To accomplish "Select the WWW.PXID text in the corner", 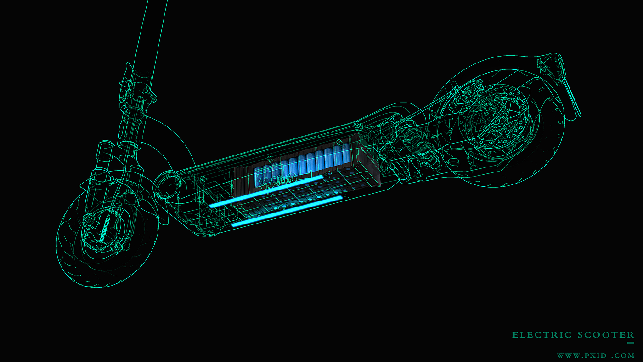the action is tap(581, 356).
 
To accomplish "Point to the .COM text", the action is tap(623, 356).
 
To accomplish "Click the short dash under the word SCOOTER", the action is tap(631, 343).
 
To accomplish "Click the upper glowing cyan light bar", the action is tap(267, 191).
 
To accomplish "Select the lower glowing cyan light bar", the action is tap(288, 211).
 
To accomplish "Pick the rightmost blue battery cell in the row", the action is tap(347, 152).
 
